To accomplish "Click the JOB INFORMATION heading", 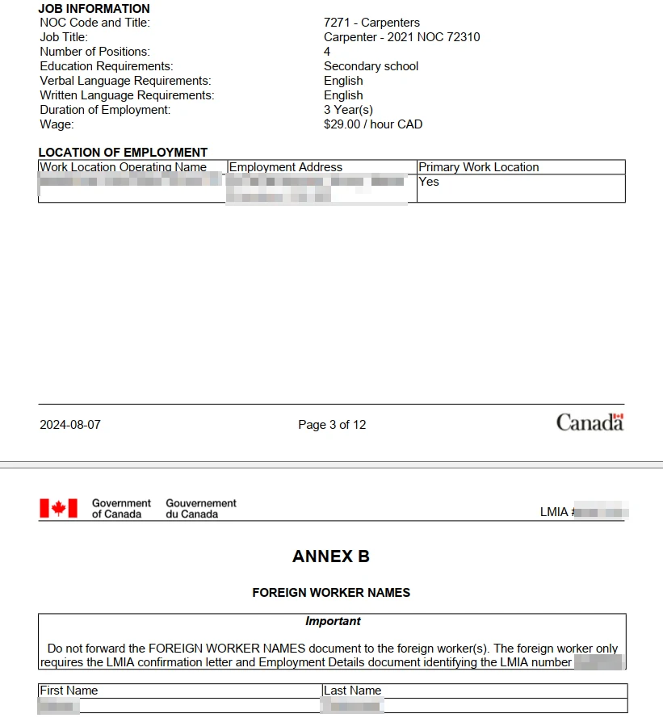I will pyautogui.click(x=94, y=9).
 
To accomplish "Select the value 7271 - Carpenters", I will pyautogui.click(x=371, y=23).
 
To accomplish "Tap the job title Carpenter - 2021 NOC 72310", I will pyautogui.click(x=401, y=37).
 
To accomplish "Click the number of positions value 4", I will pyautogui.click(x=327, y=52).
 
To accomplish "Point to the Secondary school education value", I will pyautogui.click(x=371, y=66).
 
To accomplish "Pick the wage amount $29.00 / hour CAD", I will pyautogui.click(x=372, y=124).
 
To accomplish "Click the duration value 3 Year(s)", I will pyautogui.click(x=348, y=110).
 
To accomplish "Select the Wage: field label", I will pyautogui.click(x=57, y=124).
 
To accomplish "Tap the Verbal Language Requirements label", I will pyautogui.click(x=125, y=81).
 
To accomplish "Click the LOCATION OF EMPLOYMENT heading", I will pyautogui.click(x=123, y=153).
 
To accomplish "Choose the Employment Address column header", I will pyautogui.click(x=286, y=167).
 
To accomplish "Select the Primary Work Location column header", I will pyautogui.click(x=478, y=167).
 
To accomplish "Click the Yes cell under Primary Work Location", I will pyautogui.click(x=429, y=182).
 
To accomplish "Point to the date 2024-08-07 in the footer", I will pyautogui.click(x=70, y=425).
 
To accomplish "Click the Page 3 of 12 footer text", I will pyautogui.click(x=332, y=425).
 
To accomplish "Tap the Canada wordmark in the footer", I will pyautogui.click(x=590, y=422).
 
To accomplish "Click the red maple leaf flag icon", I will pyautogui.click(x=58, y=508).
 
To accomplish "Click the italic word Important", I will pyautogui.click(x=333, y=621).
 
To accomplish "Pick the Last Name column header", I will pyautogui.click(x=352, y=691).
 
